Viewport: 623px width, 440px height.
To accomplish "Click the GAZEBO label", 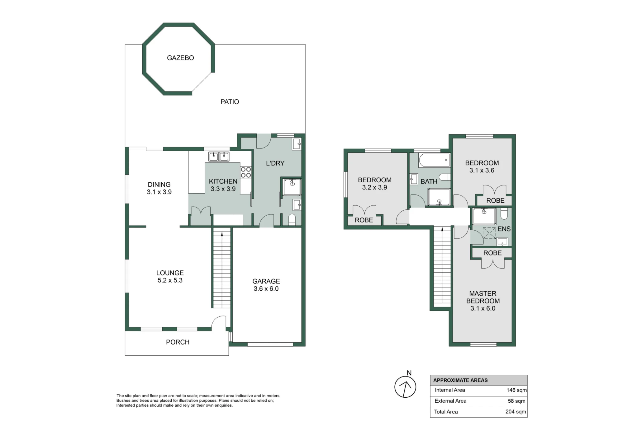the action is click(180, 58).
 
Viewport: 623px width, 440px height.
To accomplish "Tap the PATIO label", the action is click(230, 102).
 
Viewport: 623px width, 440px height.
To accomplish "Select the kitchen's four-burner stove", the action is click(246, 172).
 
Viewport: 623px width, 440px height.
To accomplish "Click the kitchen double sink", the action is click(219, 157).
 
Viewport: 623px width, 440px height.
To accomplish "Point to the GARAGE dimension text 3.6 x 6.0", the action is click(266, 289).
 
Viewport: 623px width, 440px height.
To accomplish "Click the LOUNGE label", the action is click(170, 273).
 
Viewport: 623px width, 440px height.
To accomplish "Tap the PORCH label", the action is click(178, 342).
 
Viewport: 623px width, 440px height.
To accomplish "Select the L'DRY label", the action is click(275, 163).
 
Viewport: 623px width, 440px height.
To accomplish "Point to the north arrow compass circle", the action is click(405, 387).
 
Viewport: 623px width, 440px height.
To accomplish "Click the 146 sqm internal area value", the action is click(516, 390).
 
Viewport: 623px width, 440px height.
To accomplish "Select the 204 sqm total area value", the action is click(516, 412).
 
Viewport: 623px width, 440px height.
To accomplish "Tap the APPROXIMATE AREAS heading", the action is click(460, 380).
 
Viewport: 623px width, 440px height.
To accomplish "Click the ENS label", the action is click(504, 229).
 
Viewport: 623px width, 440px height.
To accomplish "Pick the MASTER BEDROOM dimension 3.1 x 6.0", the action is click(483, 308).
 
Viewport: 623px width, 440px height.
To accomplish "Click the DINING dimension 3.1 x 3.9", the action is click(159, 192).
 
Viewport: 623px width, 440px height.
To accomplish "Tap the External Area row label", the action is click(450, 401).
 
